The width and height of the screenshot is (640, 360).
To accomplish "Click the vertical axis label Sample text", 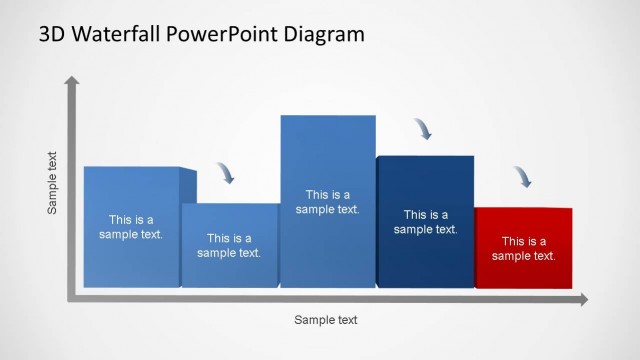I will pyautogui.click(x=53, y=183).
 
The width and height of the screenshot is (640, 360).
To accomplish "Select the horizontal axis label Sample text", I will pyautogui.click(x=325, y=320).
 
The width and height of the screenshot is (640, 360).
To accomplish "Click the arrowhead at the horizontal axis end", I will pyautogui.click(x=582, y=299).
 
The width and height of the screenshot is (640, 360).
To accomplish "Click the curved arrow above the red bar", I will pyautogui.click(x=523, y=177).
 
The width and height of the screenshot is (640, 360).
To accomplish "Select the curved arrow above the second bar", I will pyautogui.click(x=227, y=173).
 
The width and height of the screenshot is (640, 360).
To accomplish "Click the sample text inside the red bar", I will pyautogui.click(x=523, y=248).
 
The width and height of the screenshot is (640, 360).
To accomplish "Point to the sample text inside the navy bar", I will pyautogui.click(x=425, y=222).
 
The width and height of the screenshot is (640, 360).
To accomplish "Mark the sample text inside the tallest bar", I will pyautogui.click(x=328, y=202).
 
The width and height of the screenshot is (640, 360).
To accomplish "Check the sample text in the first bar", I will pyautogui.click(x=130, y=227).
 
